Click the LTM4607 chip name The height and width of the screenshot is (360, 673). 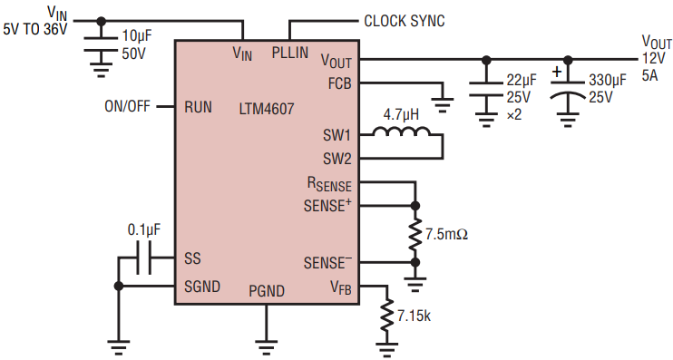tap(267, 109)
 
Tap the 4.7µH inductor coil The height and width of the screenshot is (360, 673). tap(401, 131)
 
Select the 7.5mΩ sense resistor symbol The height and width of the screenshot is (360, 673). tap(415, 234)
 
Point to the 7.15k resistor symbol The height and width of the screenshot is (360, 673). tap(386, 315)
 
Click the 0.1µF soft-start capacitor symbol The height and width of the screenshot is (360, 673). tap(144, 258)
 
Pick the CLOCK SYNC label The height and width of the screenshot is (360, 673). tap(405, 21)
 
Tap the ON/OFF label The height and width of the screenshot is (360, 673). tap(128, 106)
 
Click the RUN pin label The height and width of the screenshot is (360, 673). tap(198, 107)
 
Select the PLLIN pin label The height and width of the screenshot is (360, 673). tap(290, 53)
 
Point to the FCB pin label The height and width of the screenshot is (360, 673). tap(339, 83)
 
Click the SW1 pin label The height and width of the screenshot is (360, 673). tap(336, 136)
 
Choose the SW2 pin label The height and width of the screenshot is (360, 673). tap(336, 160)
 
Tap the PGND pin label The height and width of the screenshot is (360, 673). tap(267, 291)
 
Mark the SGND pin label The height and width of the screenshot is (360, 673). tap(202, 287)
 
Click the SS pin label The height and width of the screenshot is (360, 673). tap(192, 258)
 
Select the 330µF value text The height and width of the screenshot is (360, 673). tap(608, 80)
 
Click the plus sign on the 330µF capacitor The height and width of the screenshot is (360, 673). tap(557, 72)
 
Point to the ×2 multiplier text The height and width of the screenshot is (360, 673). tap(513, 115)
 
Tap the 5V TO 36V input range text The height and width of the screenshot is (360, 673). tap(35, 30)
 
